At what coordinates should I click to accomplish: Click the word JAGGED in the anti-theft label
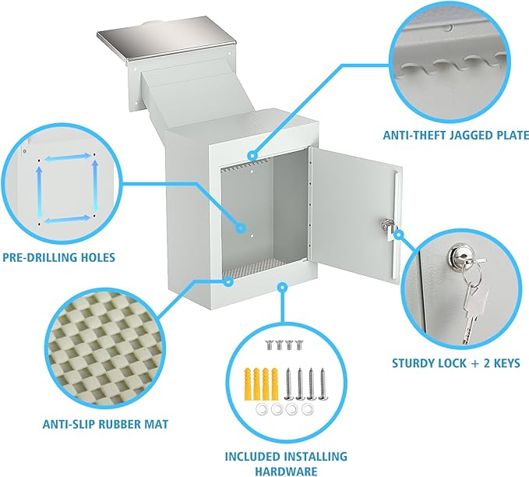tap(467, 135)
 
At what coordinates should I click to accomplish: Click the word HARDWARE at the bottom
tap(286, 471)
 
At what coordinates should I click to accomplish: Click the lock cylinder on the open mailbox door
tap(386, 224)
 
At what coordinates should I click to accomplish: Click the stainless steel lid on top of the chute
tap(167, 39)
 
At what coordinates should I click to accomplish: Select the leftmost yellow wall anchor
tap(248, 383)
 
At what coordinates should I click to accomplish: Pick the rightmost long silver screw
tap(323, 383)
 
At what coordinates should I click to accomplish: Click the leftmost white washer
tap(262, 409)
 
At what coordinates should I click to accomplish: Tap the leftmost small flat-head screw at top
tap(270, 345)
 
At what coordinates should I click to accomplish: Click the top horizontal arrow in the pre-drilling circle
tap(68, 157)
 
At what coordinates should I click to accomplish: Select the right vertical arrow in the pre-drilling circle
tap(96, 185)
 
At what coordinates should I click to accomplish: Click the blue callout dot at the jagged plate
tap(252, 156)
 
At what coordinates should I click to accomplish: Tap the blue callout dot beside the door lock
tap(399, 235)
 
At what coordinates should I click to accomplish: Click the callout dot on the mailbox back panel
tap(241, 228)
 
